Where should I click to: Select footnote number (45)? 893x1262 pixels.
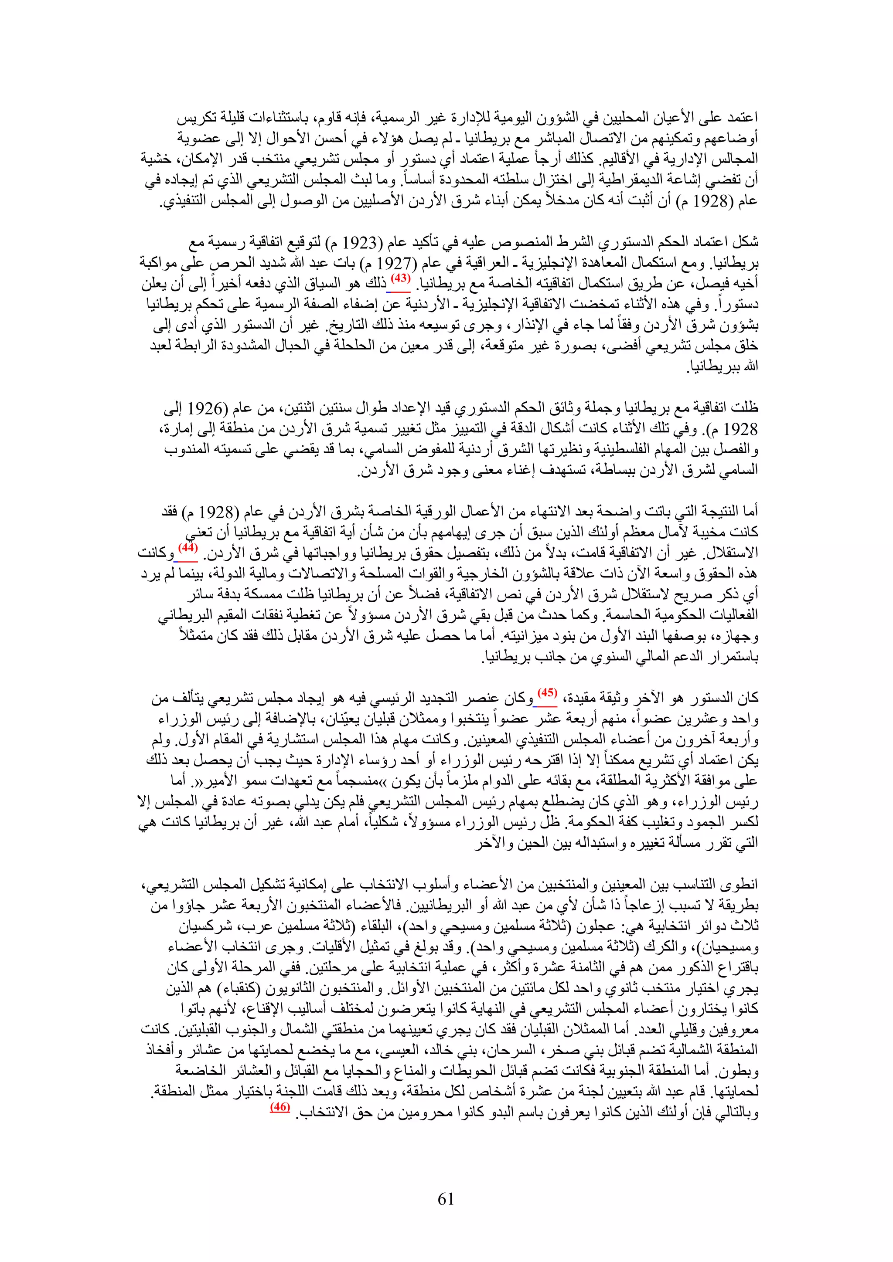click(x=547, y=692)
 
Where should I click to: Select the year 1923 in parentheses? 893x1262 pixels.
click(x=360, y=242)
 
